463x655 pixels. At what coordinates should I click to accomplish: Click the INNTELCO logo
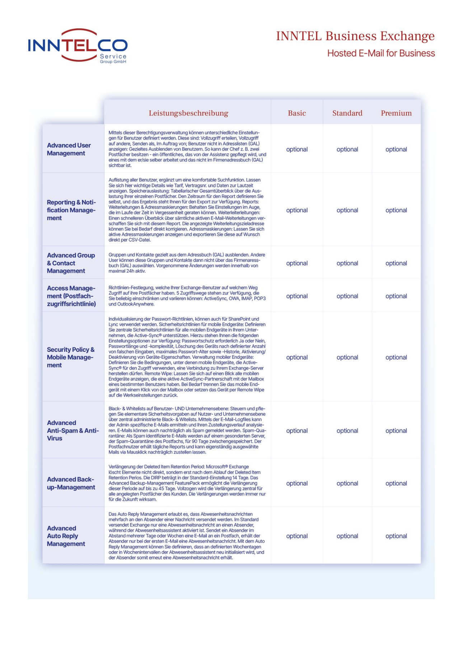[78, 46]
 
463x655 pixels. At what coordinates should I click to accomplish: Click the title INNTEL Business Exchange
[355, 36]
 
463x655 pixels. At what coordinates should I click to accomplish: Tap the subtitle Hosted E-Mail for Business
[381, 53]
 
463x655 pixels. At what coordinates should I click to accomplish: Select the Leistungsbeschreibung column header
[188, 113]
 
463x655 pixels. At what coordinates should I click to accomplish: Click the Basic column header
[297, 113]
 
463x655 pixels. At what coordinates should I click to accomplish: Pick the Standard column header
[347, 113]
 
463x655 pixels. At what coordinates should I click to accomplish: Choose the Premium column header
[396, 113]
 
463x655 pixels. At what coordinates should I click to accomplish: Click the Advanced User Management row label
[69, 149]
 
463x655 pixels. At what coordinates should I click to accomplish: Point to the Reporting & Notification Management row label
[71, 210]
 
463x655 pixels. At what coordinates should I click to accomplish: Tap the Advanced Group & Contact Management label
[71, 263]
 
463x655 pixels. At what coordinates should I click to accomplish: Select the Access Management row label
[71, 296]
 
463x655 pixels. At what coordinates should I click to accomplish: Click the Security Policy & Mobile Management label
[70, 357]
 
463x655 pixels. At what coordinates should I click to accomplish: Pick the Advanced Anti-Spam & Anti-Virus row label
[73, 430]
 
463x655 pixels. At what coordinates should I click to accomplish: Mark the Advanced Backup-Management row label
[71, 483]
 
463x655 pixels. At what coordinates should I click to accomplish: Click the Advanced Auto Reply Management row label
[66, 536]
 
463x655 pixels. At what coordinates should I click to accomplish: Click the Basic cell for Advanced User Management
[297, 149]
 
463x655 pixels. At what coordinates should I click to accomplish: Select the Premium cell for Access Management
[396, 296]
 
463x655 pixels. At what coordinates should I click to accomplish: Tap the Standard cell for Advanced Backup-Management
[347, 483]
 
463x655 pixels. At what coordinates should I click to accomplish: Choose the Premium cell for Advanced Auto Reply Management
[396, 536]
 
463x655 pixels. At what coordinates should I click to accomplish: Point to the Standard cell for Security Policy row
[347, 357]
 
